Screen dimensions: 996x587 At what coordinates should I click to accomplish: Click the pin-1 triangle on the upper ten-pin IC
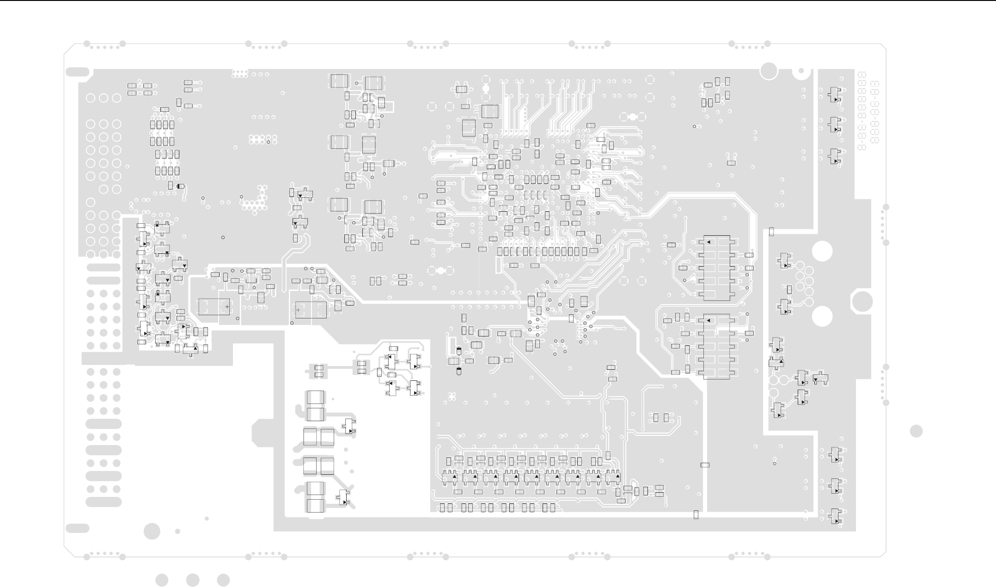coord(708,242)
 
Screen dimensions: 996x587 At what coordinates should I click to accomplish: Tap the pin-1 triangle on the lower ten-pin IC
coord(708,320)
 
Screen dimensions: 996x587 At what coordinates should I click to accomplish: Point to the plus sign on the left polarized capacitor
coord(227,306)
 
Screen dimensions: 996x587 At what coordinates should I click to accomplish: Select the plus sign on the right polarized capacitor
coord(298,309)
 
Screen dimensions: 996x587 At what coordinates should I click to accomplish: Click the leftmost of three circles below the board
coord(162,580)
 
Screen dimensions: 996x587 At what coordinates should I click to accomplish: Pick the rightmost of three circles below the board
coord(223,580)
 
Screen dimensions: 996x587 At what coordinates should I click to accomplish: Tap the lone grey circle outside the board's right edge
coord(916,431)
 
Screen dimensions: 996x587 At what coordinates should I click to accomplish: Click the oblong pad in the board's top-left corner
coord(78,72)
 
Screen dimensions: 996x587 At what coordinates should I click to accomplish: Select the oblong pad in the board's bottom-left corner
coord(78,528)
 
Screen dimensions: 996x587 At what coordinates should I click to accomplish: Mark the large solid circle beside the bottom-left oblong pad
coord(152,531)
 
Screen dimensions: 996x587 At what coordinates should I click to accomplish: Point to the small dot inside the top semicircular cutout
coord(801,71)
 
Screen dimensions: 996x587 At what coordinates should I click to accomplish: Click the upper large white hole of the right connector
coord(822,252)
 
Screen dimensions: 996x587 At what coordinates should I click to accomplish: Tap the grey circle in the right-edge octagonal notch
coord(862,302)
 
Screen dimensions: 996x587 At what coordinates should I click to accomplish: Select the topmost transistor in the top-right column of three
coord(835,95)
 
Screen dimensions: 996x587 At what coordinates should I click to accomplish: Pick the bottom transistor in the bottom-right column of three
coord(835,516)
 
